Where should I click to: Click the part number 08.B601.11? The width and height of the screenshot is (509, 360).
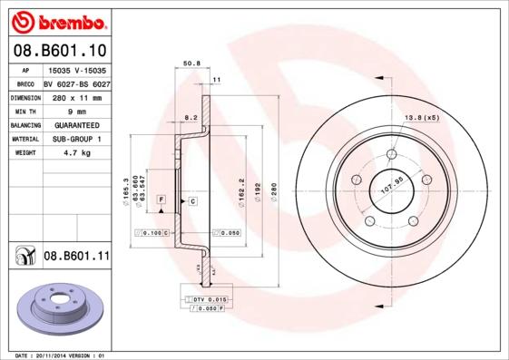[x=77, y=257]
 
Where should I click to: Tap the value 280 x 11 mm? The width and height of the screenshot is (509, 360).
[x=76, y=97]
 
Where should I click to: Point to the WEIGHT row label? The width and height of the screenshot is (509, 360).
[x=24, y=153]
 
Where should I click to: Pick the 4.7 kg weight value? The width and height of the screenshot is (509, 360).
[x=76, y=153]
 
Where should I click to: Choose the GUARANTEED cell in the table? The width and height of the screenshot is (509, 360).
[x=76, y=125]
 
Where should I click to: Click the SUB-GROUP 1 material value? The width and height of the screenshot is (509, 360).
[x=76, y=140]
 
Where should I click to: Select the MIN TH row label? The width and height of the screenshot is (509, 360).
[x=24, y=111]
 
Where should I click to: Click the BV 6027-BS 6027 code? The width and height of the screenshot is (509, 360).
[x=76, y=83]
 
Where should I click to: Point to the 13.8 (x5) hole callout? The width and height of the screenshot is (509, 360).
[x=421, y=118]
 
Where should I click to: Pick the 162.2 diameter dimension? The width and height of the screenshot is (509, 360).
[x=240, y=192]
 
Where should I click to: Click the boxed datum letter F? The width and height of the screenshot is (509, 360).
[x=161, y=199]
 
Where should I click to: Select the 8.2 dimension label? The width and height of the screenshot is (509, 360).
[x=191, y=118]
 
